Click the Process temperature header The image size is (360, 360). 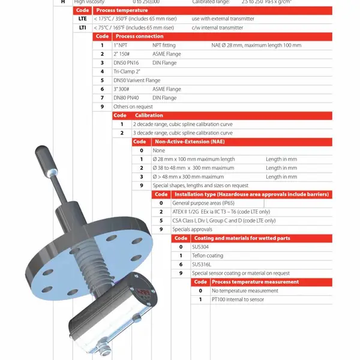[x=122, y=10]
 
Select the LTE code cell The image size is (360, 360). [x=82, y=19]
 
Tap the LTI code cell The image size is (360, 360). [x=82, y=28]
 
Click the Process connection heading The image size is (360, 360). [x=140, y=36]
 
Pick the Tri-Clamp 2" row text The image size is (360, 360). [x=127, y=71]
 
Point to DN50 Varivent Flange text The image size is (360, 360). [x=137, y=80]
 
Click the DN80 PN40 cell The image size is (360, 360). [x=126, y=98]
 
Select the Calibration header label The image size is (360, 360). [x=149, y=115]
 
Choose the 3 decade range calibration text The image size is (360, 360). [x=183, y=133]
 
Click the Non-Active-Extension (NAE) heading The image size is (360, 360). [x=190, y=142]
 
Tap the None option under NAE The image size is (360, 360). [x=159, y=151]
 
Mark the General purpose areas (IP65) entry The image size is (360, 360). [x=203, y=203]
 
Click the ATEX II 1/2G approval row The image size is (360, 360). [x=221, y=212]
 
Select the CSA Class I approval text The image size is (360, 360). [x=224, y=221]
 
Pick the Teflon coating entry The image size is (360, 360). [x=208, y=256]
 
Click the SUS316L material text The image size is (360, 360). [x=202, y=265]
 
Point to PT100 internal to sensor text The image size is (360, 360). [x=238, y=299]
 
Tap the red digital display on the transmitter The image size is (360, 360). [x=143, y=293]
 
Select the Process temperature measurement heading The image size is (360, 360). [x=256, y=282]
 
